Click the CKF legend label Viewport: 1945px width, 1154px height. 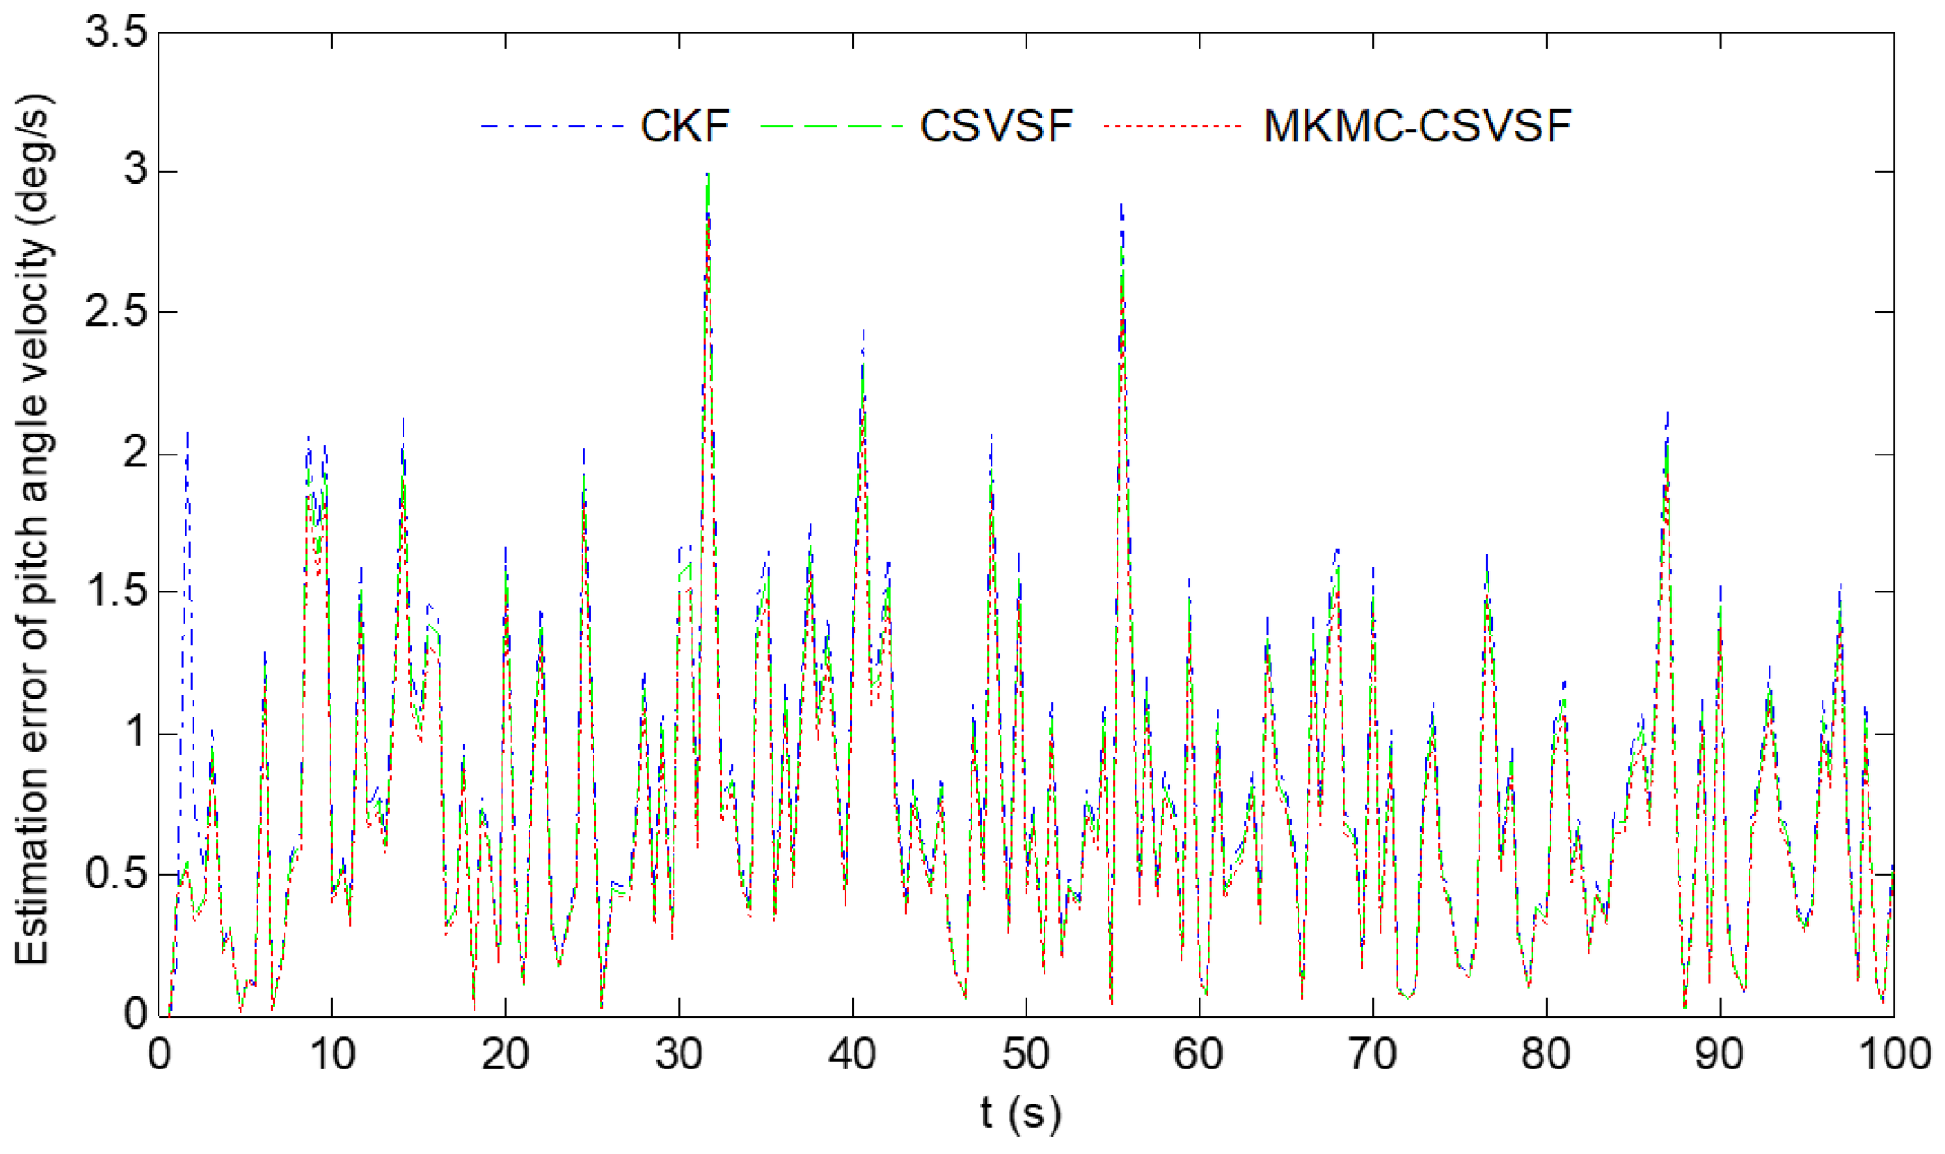(684, 126)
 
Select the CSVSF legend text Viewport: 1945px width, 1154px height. (996, 126)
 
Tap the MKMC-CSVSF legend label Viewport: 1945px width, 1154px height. (1416, 126)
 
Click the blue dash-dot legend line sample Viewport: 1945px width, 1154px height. (551, 126)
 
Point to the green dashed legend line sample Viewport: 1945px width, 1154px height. (830, 126)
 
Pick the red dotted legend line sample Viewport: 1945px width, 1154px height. (1172, 126)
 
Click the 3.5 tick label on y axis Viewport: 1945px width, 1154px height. (116, 33)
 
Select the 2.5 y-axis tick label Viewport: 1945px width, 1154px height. (116, 313)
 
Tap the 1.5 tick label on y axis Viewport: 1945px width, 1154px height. (116, 593)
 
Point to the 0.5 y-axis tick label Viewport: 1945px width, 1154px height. (116, 874)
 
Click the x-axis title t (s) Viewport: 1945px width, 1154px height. (1020, 1114)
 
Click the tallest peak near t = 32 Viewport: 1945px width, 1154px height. (709, 174)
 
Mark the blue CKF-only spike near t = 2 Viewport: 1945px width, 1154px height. (187, 434)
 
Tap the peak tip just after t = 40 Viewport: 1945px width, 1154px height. (864, 331)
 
